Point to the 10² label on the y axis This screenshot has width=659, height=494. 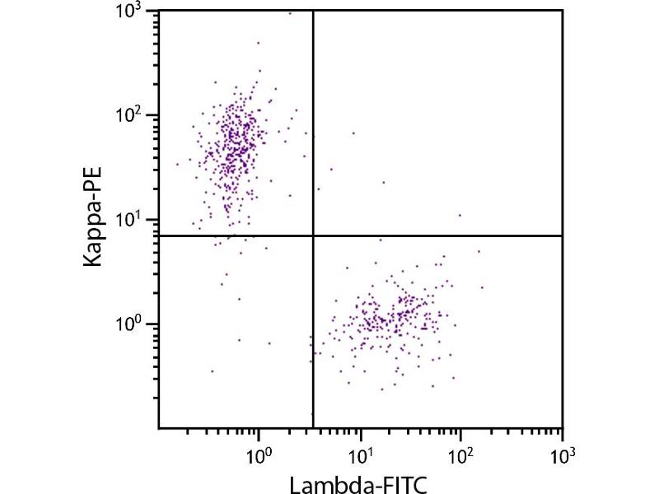(x=137, y=115)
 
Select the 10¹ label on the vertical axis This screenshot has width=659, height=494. (x=137, y=220)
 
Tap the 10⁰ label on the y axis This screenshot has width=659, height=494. (x=137, y=324)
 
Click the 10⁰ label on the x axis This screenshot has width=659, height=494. (x=259, y=453)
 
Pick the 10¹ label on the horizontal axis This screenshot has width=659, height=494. (x=360, y=453)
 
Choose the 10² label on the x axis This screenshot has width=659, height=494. (x=461, y=453)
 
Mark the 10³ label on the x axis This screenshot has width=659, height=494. (x=562, y=453)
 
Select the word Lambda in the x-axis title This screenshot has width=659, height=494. (x=335, y=484)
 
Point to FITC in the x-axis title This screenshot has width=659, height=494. (x=403, y=484)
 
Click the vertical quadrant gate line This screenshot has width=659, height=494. (x=313, y=123)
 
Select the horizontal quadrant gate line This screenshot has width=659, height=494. (x=445, y=235)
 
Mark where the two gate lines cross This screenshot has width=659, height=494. (x=313, y=235)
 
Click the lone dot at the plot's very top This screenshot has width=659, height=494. (x=290, y=13)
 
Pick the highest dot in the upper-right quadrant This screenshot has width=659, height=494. (x=354, y=133)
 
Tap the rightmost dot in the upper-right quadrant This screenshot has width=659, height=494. (x=460, y=215)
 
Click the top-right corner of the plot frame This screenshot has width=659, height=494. (x=563, y=10)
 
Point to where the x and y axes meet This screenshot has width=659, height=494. (x=158, y=428)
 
